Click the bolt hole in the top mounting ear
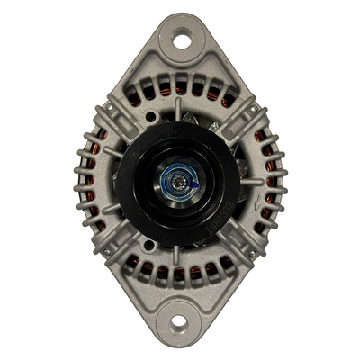click(181, 40)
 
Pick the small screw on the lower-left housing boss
click(105, 251)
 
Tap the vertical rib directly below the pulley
click(177, 255)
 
